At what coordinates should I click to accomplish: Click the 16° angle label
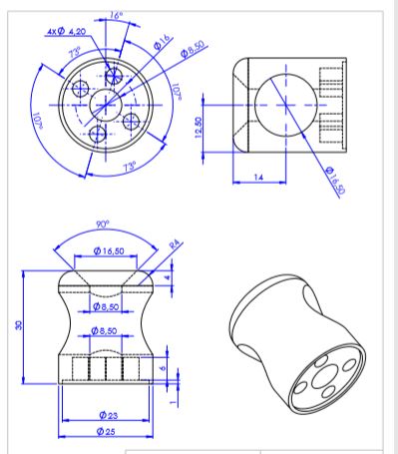click(x=116, y=15)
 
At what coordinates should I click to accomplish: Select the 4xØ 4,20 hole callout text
click(x=66, y=31)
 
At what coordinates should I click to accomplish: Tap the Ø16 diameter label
click(x=163, y=42)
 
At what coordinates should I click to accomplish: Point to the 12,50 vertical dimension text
click(x=199, y=127)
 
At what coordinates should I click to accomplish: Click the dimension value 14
click(x=258, y=177)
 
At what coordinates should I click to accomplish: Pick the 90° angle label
click(x=103, y=225)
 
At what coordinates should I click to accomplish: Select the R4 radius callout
click(x=175, y=244)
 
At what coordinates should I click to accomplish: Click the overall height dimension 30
click(x=19, y=325)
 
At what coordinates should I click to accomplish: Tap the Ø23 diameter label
click(x=109, y=415)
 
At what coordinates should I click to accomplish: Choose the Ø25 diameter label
click(x=106, y=431)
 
